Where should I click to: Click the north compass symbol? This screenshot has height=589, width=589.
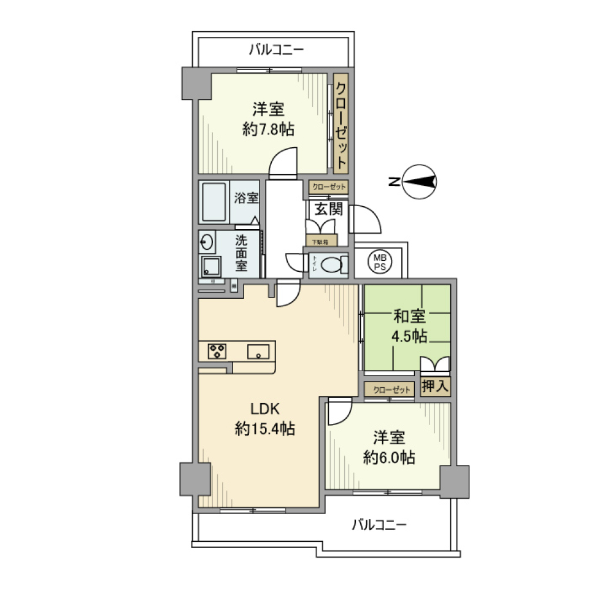(421, 181)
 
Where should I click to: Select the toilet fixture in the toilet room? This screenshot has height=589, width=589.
(332, 266)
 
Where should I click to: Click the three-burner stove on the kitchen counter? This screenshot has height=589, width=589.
(217, 351)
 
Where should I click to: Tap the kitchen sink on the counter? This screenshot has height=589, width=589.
(258, 351)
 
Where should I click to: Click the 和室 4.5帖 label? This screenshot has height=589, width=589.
(409, 326)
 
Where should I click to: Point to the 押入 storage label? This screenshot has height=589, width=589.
(436, 387)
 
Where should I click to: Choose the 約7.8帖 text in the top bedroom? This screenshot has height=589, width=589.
(268, 129)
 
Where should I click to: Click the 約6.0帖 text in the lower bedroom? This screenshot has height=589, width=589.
(388, 457)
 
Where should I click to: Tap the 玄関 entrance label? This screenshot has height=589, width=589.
(328, 209)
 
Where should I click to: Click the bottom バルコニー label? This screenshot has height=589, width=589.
(379, 525)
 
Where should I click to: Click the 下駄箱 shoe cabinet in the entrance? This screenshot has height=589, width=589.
(321, 241)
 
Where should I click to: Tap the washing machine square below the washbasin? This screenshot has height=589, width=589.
(212, 266)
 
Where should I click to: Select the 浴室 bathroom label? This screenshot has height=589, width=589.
(246, 198)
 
